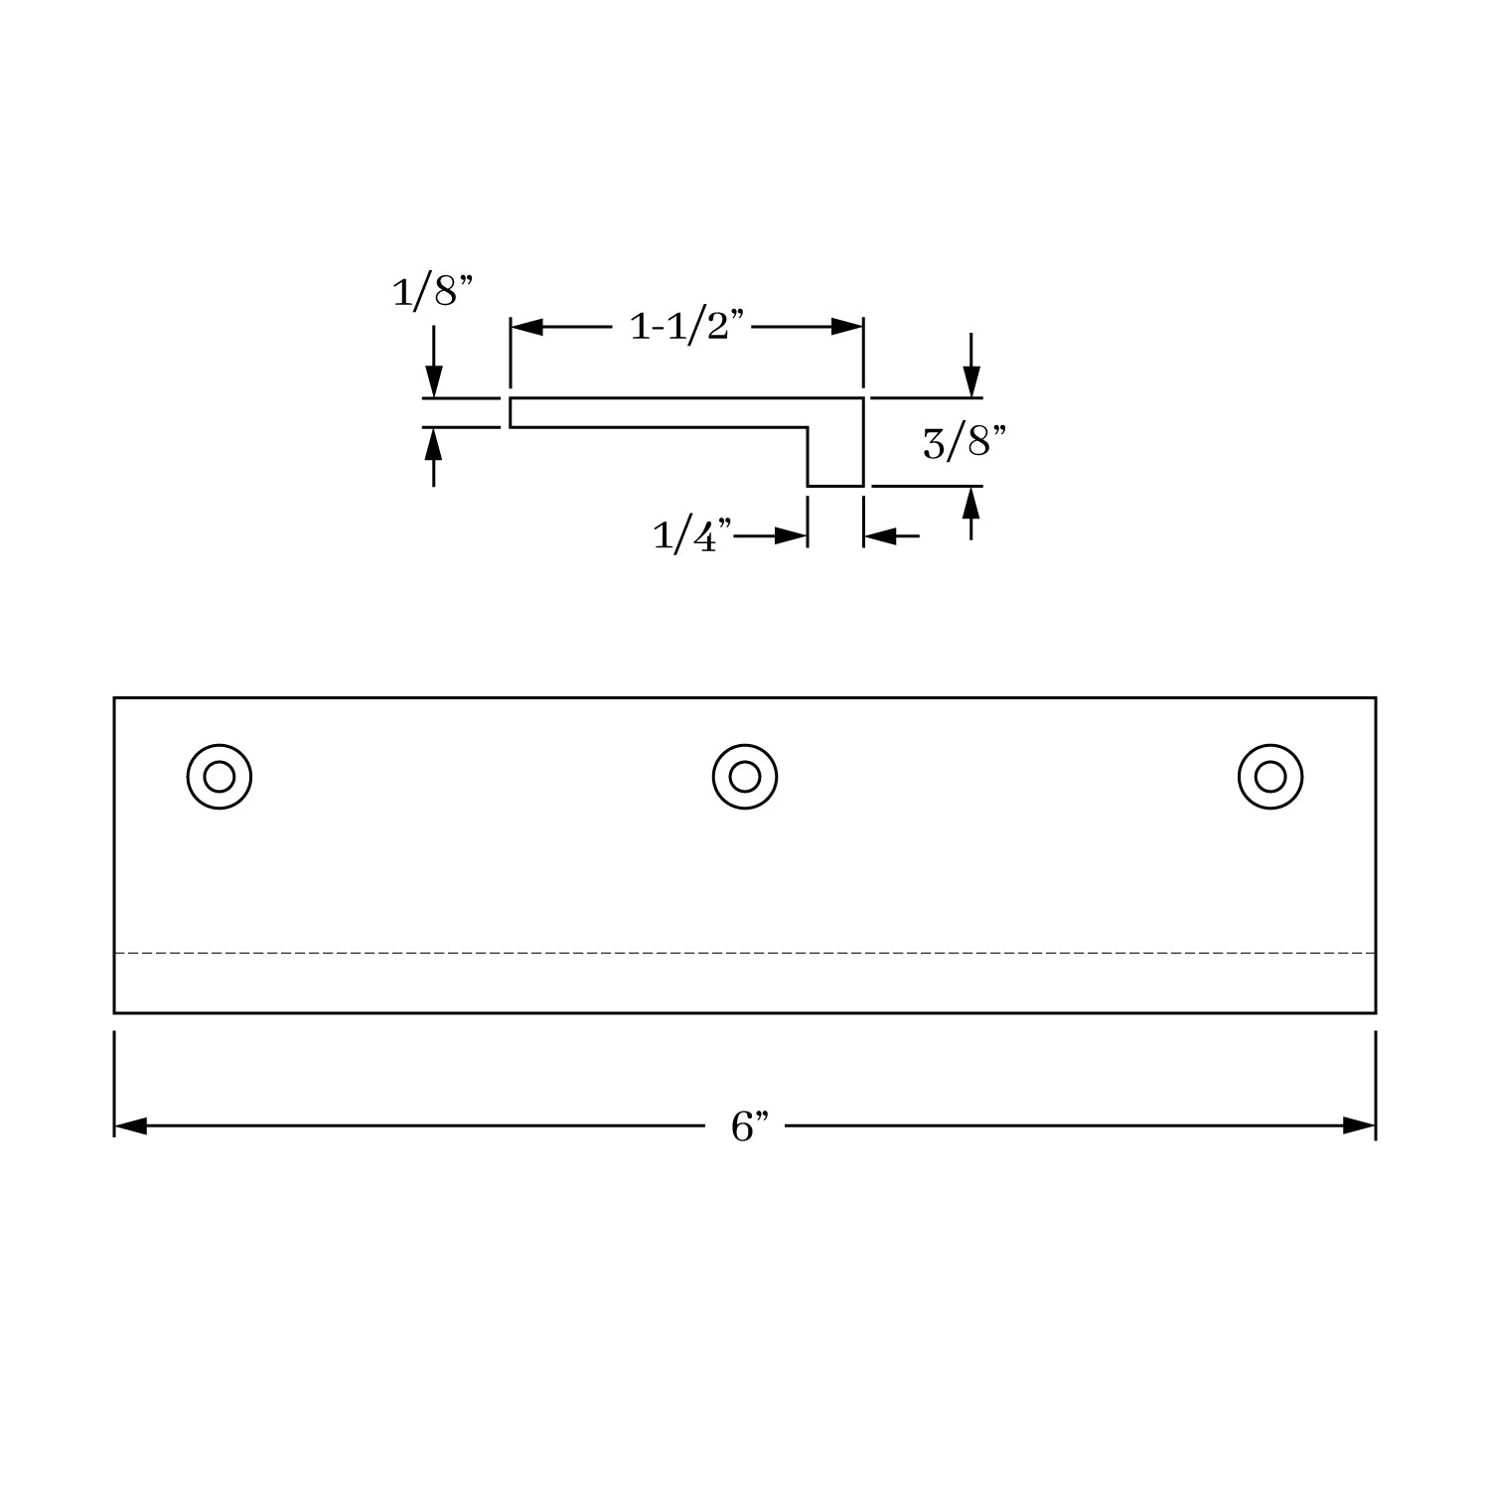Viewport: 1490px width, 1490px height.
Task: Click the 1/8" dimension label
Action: tap(431, 293)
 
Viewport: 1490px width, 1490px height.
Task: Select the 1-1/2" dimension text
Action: tap(687, 326)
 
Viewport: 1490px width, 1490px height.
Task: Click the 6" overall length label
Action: tap(750, 1126)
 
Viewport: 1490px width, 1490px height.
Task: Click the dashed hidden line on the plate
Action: tap(745, 954)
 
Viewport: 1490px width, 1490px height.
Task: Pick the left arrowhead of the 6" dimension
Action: tap(130, 1126)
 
